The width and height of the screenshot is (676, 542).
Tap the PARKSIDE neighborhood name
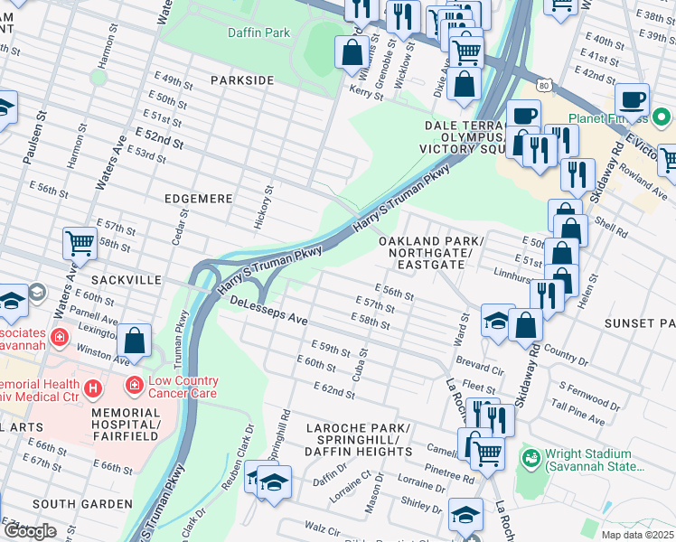[241, 80]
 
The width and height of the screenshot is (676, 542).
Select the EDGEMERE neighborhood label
[199, 198]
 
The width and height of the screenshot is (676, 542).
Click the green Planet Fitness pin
[662, 117]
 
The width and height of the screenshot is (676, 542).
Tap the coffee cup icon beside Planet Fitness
[632, 99]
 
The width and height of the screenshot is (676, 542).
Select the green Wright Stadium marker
[530, 459]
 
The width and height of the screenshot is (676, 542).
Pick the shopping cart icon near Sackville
[80, 242]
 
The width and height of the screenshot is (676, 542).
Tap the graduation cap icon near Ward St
[496, 321]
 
